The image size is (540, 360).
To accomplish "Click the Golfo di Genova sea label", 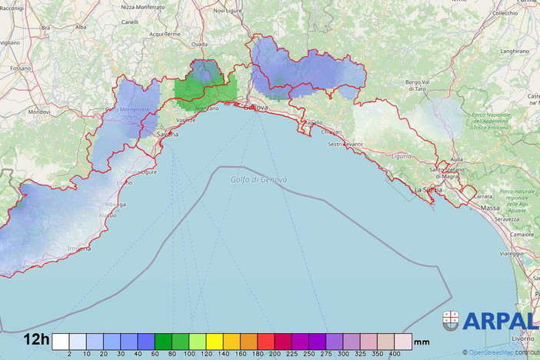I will pyautogui.click(x=258, y=179).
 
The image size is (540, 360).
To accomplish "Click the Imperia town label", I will pyautogui.click(x=79, y=248).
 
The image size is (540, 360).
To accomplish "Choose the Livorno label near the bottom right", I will pyautogui.click(x=522, y=338).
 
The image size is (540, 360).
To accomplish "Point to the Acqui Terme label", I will pyautogui.click(x=164, y=34).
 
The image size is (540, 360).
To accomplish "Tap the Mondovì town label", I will pyautogui.click(x=38, y=112).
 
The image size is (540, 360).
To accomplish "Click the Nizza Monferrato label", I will pyautogui.click(x=143, y=6).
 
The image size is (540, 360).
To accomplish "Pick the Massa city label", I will pyautogui.click(x=490, y=208).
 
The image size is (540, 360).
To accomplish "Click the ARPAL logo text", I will pyautogui.click(x=500, y=322).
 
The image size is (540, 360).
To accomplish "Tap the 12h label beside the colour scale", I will pyautogui.click(x=36, y=339).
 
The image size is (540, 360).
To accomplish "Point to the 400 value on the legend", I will pyautogui.click(x=395, y=353).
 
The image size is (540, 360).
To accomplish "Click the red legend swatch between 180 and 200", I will pyautogui.click(x=265, y=341).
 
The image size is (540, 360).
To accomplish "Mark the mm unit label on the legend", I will pyautogui.click(x=422, y=342).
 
